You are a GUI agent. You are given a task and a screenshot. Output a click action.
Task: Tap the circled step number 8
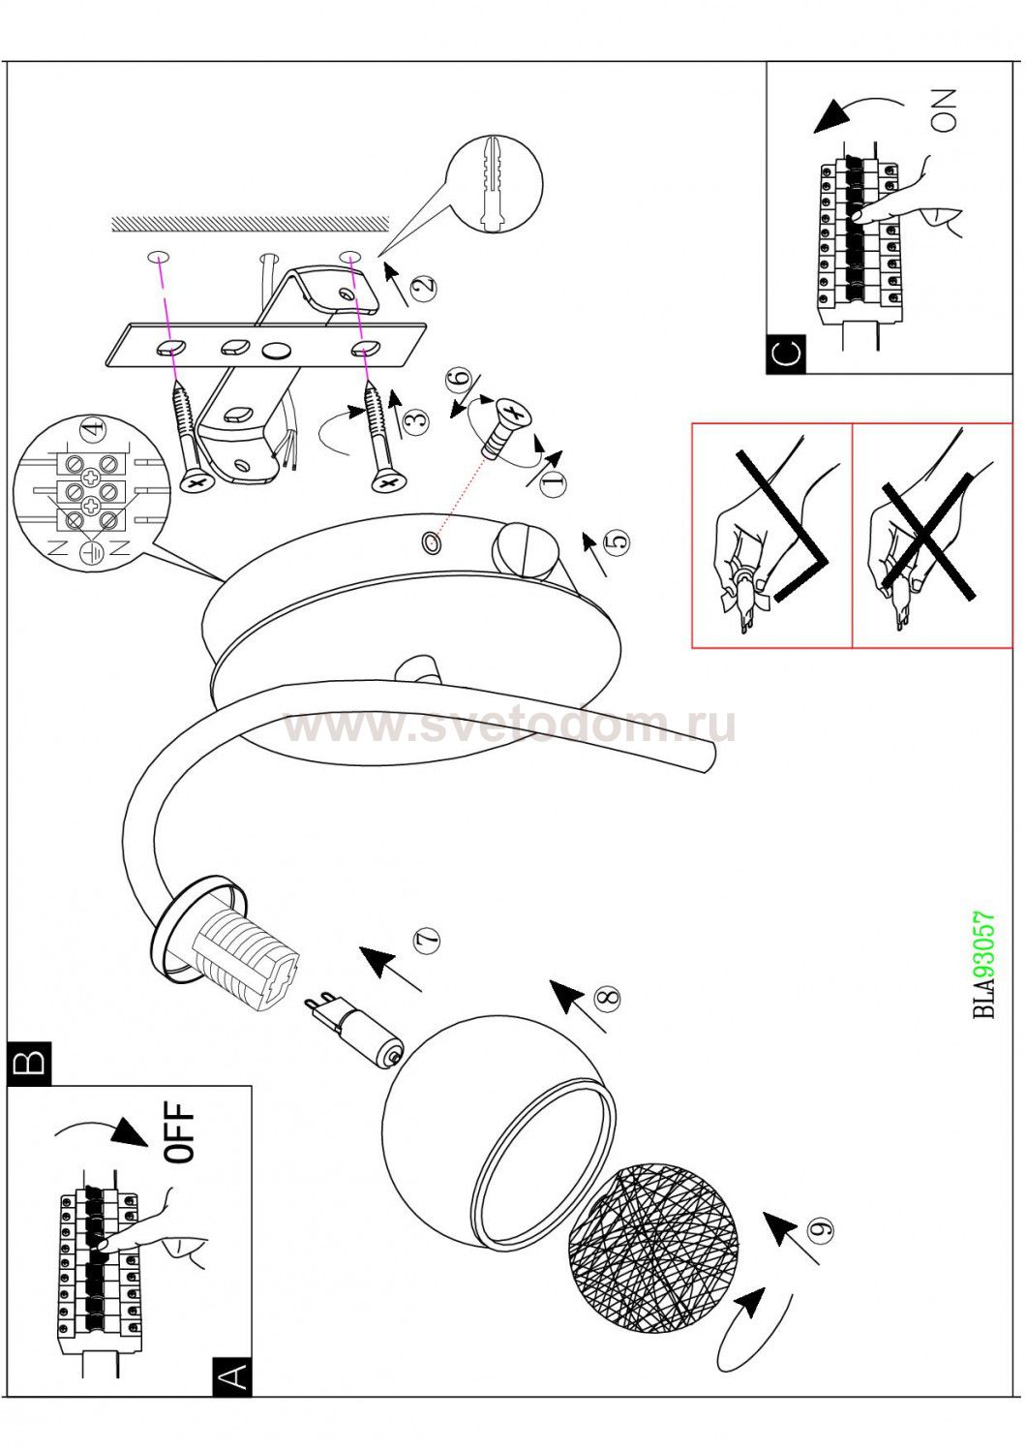coord(607,998)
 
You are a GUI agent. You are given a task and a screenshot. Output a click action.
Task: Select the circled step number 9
coord(822,1229)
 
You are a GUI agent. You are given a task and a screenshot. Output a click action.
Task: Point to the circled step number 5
coord(617,541)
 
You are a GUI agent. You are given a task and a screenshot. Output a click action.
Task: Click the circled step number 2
coord(423,288)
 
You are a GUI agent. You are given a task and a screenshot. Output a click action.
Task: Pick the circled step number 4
coord(93,427)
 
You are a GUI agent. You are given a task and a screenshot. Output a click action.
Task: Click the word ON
coord(943,109)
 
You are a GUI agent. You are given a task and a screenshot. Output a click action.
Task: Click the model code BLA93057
coord(983,965)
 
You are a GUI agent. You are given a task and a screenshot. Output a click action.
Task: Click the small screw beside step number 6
coord(503,426)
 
